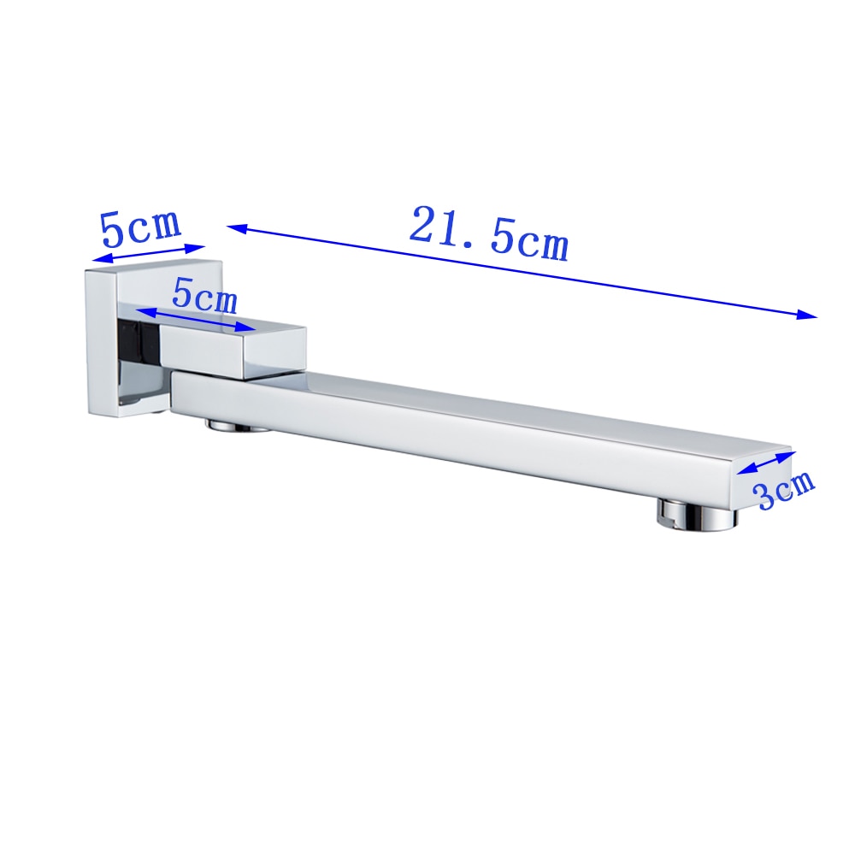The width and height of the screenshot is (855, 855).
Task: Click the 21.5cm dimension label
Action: tap(489, 233)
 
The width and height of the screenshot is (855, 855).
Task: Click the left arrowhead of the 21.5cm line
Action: tap(237, 228)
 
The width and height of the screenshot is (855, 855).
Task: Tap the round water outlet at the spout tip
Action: tap(696, 514)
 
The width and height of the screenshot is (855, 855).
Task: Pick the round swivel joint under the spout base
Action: tap(237, 424)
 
